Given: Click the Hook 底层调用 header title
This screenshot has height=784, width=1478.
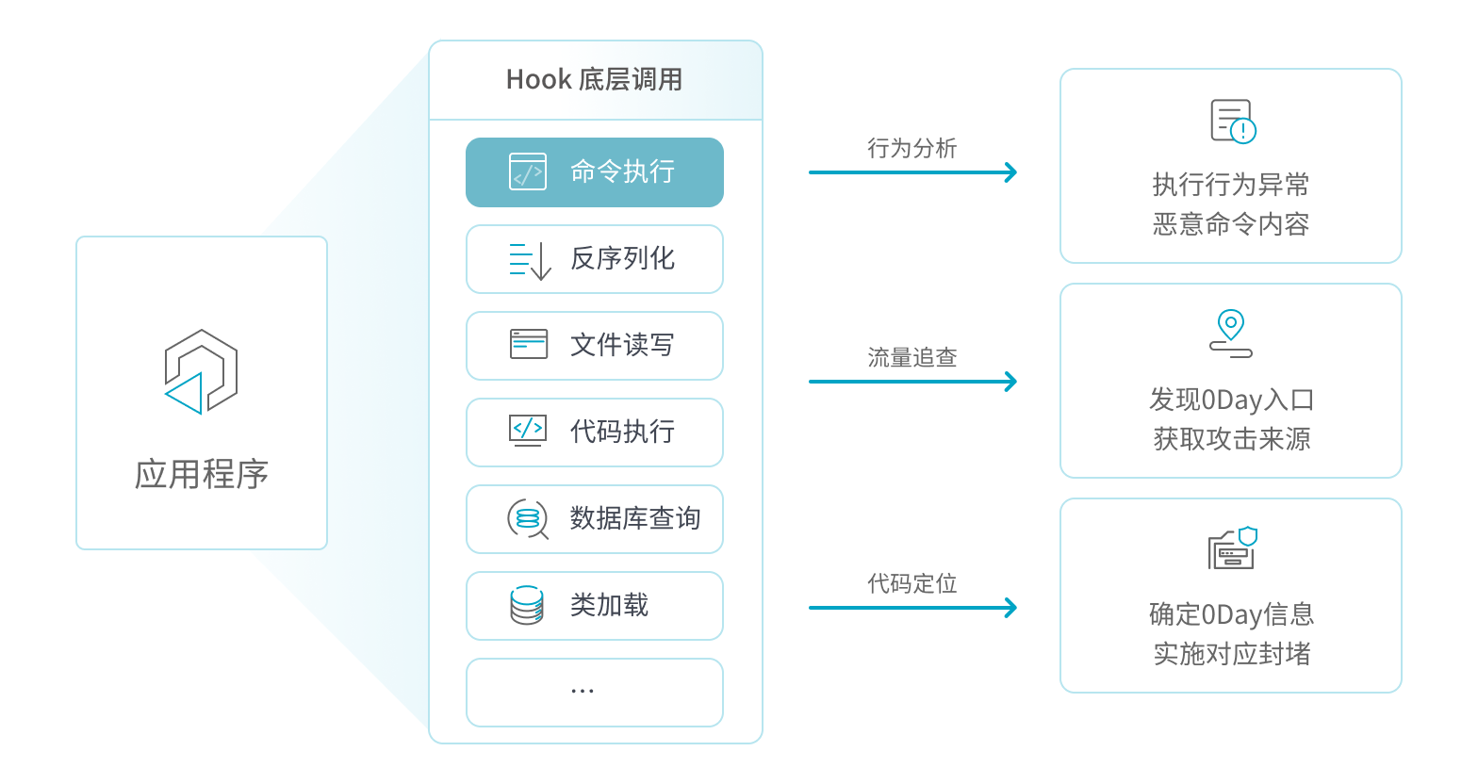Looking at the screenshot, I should coord(594,79).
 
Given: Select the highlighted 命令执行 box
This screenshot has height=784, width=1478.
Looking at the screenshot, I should coord(594,172).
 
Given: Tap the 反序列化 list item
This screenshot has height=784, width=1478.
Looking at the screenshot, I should coord(594,259).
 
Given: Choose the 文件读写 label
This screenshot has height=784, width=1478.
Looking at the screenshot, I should coord(622,345).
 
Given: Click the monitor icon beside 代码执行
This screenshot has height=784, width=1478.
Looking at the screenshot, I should coord(527,431).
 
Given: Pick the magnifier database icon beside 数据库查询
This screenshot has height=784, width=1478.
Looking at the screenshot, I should coord(528,518).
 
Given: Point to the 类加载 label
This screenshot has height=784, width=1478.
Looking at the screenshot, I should coord(609,605).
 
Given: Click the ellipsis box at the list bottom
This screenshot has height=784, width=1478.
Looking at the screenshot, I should coord(594,693).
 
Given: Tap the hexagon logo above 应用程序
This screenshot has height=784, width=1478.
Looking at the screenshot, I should coord(201,371).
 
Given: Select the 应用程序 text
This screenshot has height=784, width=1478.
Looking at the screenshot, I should coord(202,474).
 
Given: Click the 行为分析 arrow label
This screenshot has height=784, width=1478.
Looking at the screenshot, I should coord(911,148).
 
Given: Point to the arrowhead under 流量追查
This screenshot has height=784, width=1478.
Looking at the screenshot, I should coord(1010,382).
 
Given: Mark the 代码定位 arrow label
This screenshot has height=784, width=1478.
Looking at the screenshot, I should coord(911,583).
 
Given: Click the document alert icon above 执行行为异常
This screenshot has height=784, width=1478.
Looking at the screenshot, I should coord(1232,122).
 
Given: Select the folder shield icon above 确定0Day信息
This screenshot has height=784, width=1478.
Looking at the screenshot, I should coord(1232,548).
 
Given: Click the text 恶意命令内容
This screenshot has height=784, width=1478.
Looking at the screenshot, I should coord(1231,224).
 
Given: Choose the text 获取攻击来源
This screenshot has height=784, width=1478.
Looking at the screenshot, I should coord(1231,439).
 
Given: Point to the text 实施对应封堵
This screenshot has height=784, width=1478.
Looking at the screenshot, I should coord(1231,654).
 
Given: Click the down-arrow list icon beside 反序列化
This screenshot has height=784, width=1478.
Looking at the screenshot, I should coord(530,259).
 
